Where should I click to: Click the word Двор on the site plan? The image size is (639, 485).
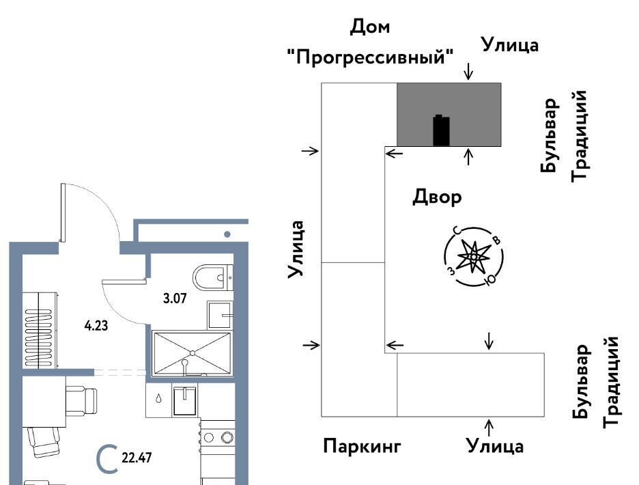click(x=438, y=197)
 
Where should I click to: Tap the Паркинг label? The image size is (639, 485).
click(x=361, y=447)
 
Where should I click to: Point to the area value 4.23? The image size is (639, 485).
click(x=96, y=326)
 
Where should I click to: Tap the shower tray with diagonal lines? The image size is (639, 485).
click(x=193, y=352)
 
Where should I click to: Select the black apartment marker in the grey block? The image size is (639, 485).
click(x=442, y=130)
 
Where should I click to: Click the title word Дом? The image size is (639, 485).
click(x=370, y=27)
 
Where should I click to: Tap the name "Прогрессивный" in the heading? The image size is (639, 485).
click(x=371, y=57)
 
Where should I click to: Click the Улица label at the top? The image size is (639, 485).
click(x=510, y=44)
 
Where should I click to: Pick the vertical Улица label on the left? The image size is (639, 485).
click(x=296, y=249)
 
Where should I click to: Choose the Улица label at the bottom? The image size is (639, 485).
click(x=495, y=447)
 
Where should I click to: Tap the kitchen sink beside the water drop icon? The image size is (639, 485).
click(x=184, y=401)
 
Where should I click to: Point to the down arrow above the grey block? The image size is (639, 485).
click(x=468, y=71)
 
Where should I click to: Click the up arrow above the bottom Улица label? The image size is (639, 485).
click(x=490, y=426)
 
